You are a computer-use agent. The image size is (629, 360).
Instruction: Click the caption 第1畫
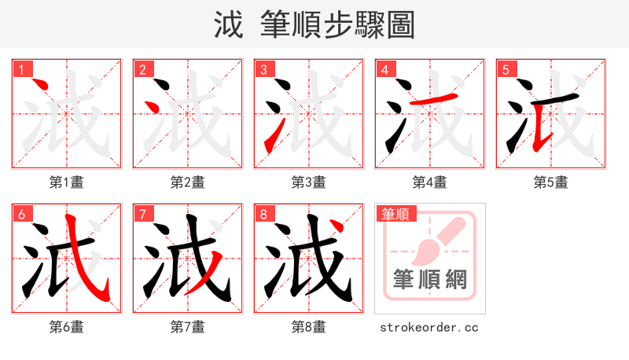pyautogui.click(x=67, y=182)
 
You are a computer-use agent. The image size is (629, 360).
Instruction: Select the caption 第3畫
pyautogui.click(x=308, y=182)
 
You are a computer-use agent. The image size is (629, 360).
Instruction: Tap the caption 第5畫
pyautogui.click(x=550, y=182)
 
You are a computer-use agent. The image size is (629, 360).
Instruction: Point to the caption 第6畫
pyautogui.click(x=67, y=327)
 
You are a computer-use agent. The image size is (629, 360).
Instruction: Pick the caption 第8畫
pyautogui.click(x=308, y=327)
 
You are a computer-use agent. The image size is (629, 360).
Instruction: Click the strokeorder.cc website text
pyautogui.click(x=429, y=327)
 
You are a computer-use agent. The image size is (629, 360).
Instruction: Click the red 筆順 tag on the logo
pyautogui.click(x=395, y=214)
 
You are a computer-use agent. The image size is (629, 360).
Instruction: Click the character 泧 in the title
pyautogui.click(x=229, y=25)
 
